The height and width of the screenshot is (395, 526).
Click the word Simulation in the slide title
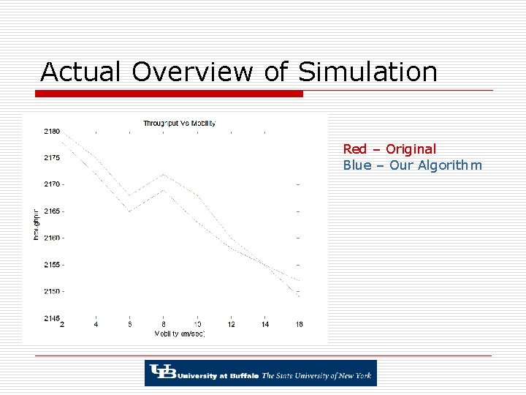tap(367, 72)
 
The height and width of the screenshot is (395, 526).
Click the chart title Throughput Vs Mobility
tap(179, 123)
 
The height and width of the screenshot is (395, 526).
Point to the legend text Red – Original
tap(389, 149)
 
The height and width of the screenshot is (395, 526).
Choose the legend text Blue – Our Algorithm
tap(412, 165)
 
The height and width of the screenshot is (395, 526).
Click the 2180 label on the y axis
tap(51, 132)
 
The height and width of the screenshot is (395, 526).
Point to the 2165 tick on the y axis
tap(51, 211)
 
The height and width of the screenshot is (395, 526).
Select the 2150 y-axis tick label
tap(51, 292)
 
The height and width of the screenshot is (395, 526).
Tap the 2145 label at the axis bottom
tap(51, 318)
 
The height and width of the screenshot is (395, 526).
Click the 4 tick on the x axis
tap(96, 324)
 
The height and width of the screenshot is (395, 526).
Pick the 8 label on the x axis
tap(163, 324)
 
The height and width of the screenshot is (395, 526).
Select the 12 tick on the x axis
tap(231, 324)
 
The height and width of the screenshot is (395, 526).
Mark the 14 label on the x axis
tap(264, 324)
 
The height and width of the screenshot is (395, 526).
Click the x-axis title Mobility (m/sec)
tap(179, 334)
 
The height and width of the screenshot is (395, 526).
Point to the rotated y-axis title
tap(36, 225)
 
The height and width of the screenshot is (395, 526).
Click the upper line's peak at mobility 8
tap(164, 174)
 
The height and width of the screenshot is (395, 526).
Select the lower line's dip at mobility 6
tap(130, 211)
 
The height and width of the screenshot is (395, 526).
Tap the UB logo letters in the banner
tap(159, 373)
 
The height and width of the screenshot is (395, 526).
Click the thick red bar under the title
tap(169, 94)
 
